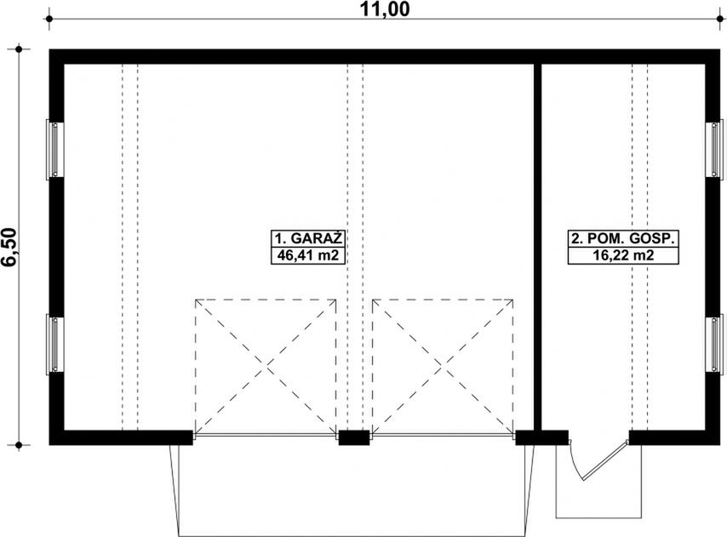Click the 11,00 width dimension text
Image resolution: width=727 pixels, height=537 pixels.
click(x=385, y=9)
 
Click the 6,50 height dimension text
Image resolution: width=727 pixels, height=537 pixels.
click(x=10, y=248)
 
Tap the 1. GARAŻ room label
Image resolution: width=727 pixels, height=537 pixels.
click(x=308, y=238)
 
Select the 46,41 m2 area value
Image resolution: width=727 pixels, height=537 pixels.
click(x=308, y=255)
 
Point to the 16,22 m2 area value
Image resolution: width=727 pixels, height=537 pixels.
click(x=623, y=255)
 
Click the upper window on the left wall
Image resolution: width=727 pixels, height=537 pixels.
click(x=54, y=149)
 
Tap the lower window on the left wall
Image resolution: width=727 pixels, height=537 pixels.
click(x=54, y=344)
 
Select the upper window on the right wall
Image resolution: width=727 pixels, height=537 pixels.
click(x=714, y=149)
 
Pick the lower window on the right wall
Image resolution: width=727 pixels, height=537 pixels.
click(x=714, y=344)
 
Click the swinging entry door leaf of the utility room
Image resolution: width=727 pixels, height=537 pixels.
click(x=604, y=462)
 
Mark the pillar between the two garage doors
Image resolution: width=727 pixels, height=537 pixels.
click(x=354, y=437)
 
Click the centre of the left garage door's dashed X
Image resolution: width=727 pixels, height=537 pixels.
click(x=266, y=367)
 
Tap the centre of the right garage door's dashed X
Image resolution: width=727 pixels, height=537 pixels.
click(x=443, y=367)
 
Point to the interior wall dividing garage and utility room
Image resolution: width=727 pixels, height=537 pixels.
click(x=537, y=247)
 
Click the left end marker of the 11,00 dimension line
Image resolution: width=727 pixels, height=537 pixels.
click(x=49, y=19)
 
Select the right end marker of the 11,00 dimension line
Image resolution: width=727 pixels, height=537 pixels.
click(x=720, y=19)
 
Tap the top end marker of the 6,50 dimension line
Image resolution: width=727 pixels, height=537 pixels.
click(x=19, y=49)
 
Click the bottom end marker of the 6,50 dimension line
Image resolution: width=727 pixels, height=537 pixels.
click(x=19, y=445)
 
